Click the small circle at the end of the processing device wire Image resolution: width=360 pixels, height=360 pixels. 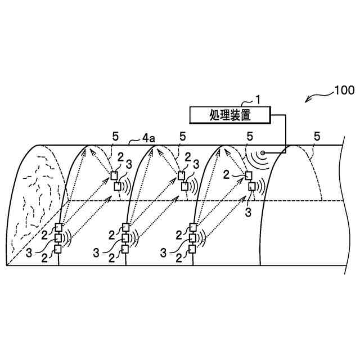(263, 152)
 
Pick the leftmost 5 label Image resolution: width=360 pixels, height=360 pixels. (115, 136)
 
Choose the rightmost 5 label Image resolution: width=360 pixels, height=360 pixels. (317, 136)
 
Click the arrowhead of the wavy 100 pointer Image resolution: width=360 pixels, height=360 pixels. (307, 102)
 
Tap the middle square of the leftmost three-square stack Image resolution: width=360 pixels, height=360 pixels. (58, 238)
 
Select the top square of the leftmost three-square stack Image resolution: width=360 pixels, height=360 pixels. (58, 228)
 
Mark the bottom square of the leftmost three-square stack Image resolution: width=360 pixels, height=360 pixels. (58, 249)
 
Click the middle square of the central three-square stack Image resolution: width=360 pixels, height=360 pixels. (125, 238)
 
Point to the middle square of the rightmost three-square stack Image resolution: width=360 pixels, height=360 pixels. (193, 238)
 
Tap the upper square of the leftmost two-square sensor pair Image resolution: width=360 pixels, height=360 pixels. (114, 175)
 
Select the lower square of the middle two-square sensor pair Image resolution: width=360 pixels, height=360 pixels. (185, 186)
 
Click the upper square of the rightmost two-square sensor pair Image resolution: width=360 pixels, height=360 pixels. (247, 175)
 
